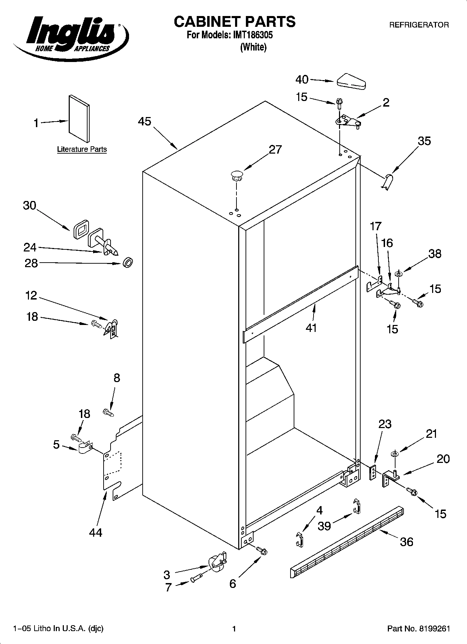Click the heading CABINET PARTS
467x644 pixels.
(234, 22)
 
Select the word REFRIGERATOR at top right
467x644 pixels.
(419, 25)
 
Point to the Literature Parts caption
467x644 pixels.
(82, 149)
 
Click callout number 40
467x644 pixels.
(302, 80)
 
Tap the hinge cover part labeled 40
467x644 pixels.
(351, 81)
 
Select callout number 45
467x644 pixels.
(144, 122)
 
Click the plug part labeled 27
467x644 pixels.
(236, 175)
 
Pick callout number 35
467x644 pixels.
(424, 141)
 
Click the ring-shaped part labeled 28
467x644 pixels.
(128, 263)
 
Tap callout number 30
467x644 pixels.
(30, 205)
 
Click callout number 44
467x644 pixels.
(96, 532)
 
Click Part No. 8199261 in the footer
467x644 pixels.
(419, 629)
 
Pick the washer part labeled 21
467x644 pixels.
(394, 454)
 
